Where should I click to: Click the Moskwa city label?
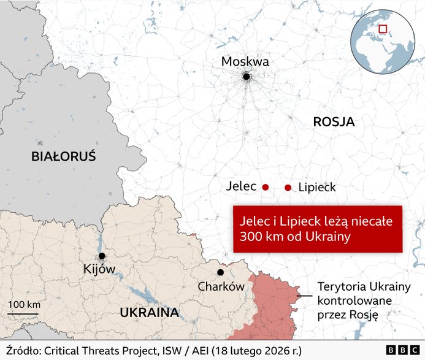tap(245, 62)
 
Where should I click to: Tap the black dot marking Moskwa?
tap(246, 77)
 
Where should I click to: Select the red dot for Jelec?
tap(266, 187)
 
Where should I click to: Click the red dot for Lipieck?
tap(288, 187)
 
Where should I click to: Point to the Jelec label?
tap(240, 186)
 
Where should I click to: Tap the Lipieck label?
tap(317, 187)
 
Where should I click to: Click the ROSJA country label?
tap(334, 122)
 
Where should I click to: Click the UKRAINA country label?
tap(149, 313)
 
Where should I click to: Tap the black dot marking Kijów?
tap(102, 256)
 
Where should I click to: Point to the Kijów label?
tap(99, 269)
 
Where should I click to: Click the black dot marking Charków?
tap(220, 272)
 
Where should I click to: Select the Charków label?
tap(221, 286)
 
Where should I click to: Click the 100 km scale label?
tap(25, 305)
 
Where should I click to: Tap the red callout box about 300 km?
tap(317, 228)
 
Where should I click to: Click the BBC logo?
tap(402, 350)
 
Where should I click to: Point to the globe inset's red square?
tap(383, 29)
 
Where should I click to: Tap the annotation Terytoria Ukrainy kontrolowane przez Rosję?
tap(359, 301)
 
